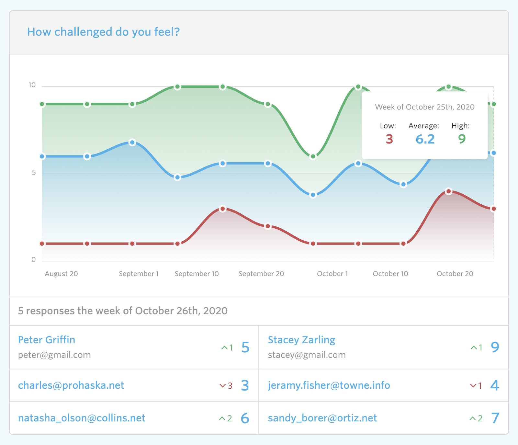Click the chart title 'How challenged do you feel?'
click(103, 32)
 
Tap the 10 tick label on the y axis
click(32, 85)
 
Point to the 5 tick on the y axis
click(34, 173)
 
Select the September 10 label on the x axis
click(197, 274)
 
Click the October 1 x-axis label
click(332, 274)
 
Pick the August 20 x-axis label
click(61, 274)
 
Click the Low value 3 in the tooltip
click(389, 139)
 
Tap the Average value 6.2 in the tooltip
click(425, 139)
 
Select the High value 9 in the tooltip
click(462, 139)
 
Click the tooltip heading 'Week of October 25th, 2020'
click(424, 107)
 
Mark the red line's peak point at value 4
click(448, 191)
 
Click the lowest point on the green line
click(313, 156)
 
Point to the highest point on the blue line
click(132, 143)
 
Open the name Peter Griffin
click(47, 340)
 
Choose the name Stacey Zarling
click(301, 340)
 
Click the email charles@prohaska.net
click(71, 385)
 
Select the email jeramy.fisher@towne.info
click(329, 385)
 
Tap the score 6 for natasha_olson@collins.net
click(245, 418)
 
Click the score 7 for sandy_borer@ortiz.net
click(495, 418)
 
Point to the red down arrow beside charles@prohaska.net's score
click(222, 386)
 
